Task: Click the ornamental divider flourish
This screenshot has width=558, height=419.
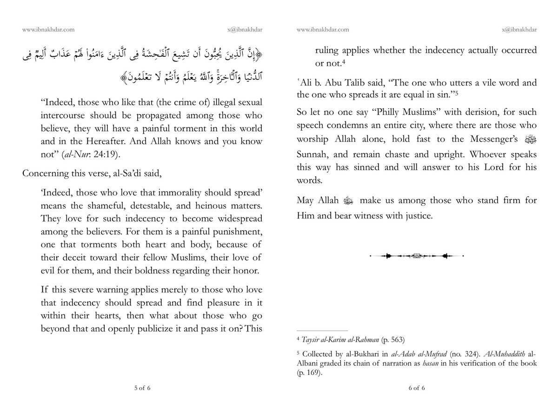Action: [417, 256]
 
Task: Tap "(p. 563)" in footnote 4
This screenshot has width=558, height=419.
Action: [390, 339]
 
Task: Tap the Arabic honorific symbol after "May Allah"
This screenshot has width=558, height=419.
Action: [348, 202]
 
